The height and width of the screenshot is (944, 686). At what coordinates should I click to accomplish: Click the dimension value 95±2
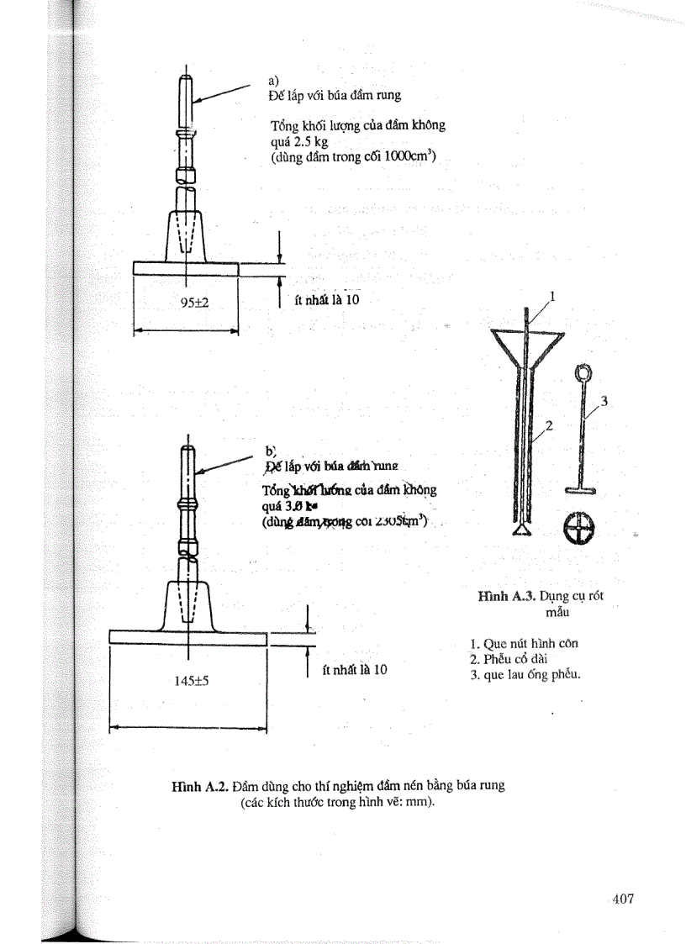(x=194, y=304)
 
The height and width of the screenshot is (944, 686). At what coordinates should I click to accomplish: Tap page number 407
(x=623, y=899)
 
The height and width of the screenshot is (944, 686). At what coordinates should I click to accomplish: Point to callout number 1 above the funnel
(x=552, y=296)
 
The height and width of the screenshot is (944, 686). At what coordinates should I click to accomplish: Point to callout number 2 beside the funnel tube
(x=548, y=426)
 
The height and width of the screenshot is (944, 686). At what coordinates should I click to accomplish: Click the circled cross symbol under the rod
(x=579, y=528)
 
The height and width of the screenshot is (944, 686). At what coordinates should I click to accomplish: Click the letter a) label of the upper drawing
(x=274, y=81)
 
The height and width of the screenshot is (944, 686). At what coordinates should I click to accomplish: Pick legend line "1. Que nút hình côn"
(x=525, y=644)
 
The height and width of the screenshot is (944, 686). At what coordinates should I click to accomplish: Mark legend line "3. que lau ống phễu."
(x=526, y=674)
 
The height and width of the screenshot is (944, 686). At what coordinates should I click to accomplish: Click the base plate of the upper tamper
(x=186, y=268)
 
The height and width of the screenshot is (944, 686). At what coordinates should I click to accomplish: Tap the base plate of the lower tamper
(x=188, y=638)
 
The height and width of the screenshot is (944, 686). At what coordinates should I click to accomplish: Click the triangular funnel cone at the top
(x=526, y=345)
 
